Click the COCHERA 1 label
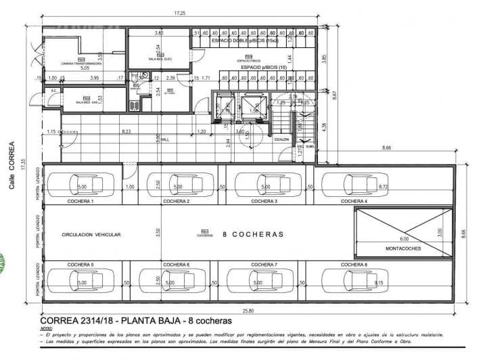click(80, 202)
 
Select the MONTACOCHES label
click(403, 248)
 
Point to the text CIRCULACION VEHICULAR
click(91, 234)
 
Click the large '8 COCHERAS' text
click(252, 234)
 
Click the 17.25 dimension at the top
click(179, 13)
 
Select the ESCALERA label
click(282, 139)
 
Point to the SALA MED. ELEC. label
click(160, 60)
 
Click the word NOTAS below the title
click(45, 328)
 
